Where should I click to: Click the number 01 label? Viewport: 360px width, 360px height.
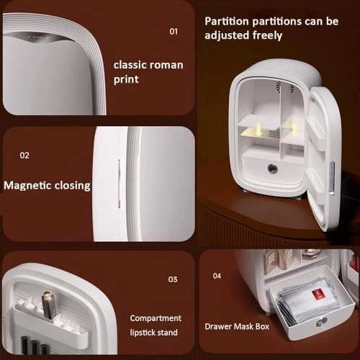(173, 32)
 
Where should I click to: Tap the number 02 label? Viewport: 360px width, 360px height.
(24, 155)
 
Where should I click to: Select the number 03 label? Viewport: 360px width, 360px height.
(173, 279)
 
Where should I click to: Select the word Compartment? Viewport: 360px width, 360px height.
(156, 318)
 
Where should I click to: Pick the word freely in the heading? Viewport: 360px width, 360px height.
(267, 35)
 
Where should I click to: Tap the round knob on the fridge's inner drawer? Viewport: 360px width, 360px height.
(272, 171)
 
